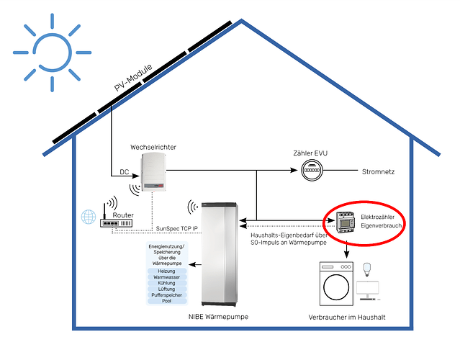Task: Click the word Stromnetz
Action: (x=379, y=172)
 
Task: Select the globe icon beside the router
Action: (x=87, y=217)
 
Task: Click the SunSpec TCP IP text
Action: (x=177, y=229)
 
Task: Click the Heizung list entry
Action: (x=166, y=271)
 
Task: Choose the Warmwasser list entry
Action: (x=166, y=277)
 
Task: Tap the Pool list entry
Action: (x=166, y=301)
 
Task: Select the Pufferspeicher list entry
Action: (x=166, y=295)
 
